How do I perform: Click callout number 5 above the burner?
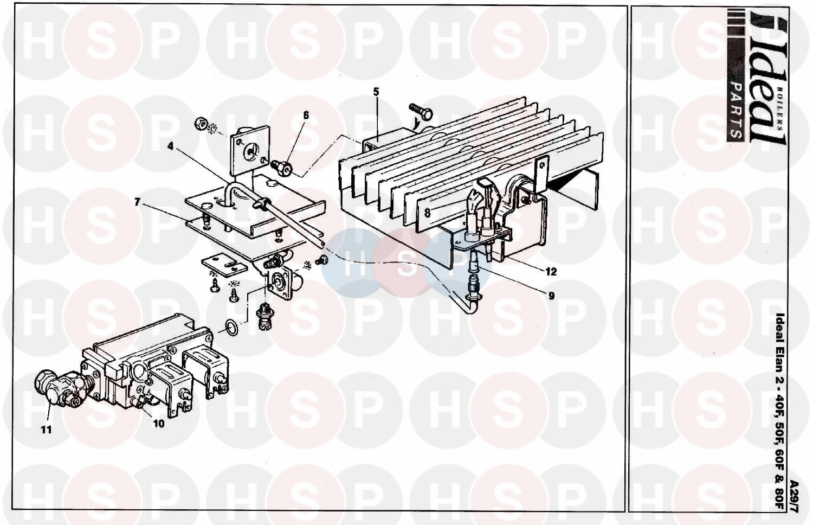coord(376,92)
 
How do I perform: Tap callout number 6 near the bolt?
coord(306,116)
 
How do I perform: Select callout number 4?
coord(171,146)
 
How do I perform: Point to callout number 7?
coord(137,202)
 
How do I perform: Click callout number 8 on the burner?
coord(427,213)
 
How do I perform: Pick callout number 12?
coord(551,272)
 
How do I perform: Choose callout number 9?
coord(551,296)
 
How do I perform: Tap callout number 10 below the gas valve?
coord(159,424)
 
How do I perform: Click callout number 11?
coord(46,430)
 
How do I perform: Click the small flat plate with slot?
coord(224,267)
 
